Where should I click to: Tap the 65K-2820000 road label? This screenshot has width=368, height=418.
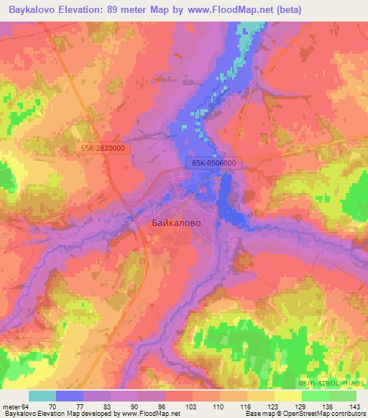(103, 148)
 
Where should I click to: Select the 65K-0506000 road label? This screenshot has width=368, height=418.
(214, 164)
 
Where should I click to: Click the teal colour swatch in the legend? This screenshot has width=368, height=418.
(42, 396)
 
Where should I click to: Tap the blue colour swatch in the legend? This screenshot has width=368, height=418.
(70, 396)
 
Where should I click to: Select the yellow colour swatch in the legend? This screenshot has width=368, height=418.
(287, 396)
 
